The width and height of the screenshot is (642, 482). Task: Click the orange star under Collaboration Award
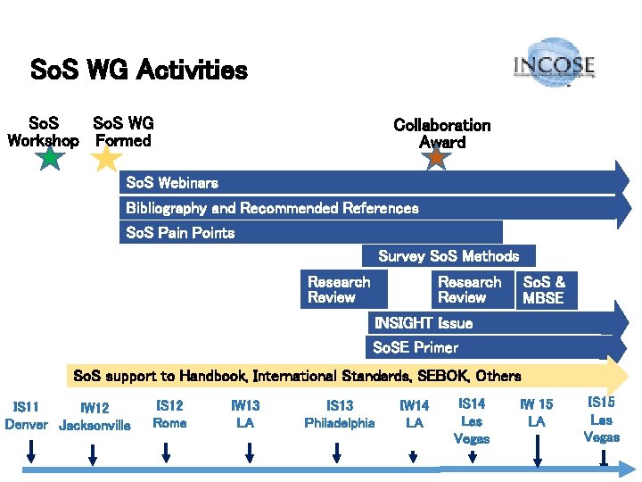tap(436, 157)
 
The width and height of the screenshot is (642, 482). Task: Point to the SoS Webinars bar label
tap(172, 183)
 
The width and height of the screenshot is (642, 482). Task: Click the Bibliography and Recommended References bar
tap(272, 208)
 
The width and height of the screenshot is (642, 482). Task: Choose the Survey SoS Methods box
tap(449, 256)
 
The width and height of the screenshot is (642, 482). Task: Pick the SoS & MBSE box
tap(546, 290)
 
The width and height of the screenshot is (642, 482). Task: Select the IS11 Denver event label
tap(27, 415)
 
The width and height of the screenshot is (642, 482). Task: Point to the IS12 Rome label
tap(169, 414)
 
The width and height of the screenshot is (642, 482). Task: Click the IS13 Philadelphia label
tap(340, 414)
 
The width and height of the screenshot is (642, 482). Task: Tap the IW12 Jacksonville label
tap(95, 417)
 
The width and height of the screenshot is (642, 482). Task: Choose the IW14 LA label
tap(414, 414)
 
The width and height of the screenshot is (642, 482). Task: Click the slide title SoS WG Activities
tap(139, 70)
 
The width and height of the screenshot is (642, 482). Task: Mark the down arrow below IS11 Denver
tap(30, 453)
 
